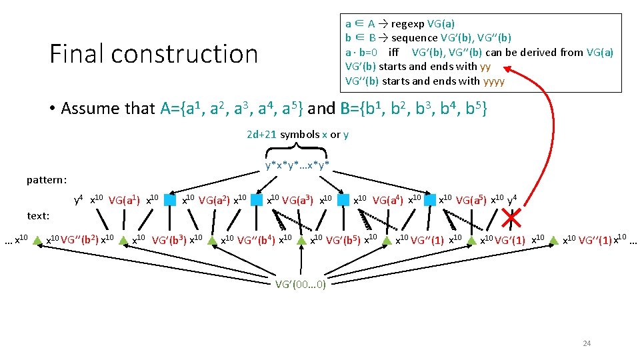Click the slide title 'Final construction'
click(153, 53)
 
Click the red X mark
click(513, 217)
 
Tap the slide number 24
click(587, 343)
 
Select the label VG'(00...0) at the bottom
click(301, 284)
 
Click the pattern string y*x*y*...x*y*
click(297, 165)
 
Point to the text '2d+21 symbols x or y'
click(297, 135)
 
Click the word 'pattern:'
click(47, 180)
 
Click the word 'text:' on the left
click(39, 215)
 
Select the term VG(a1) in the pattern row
click(125, 199)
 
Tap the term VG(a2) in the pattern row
click(214, 199)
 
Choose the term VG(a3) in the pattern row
click(299, 199)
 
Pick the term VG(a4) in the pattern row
click(389, 199)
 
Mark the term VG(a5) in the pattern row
click(473, 199)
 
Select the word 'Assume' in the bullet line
click(91, 108)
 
